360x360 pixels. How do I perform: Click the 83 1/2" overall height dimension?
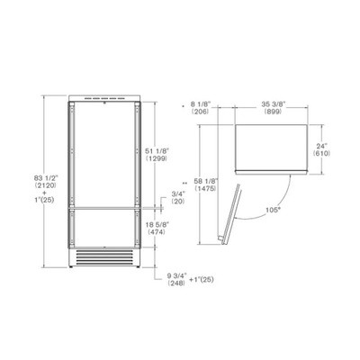pyautogui.click(x=45, y=178)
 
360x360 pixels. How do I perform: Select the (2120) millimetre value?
pyautogui.click(x=45, y=185)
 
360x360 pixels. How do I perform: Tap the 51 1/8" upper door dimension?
pyautogui.click(x=156, y=151)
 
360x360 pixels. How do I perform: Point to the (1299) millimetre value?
pyautogui.click(x=156, y=158)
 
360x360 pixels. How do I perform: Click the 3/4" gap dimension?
pyautogui.click(x=178, y=193)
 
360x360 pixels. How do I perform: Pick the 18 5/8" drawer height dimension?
pyautogui.click(x=157, y=225)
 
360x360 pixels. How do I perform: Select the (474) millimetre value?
pyautogui.click(x=157, y=232)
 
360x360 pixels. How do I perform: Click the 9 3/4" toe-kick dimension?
pyautogui.click(x=177, y=275)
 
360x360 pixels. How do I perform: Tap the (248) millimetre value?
pyautogui.click(x=176, y=283)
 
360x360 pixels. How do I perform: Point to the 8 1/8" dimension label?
pyautogui.click(x=201, y=104)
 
